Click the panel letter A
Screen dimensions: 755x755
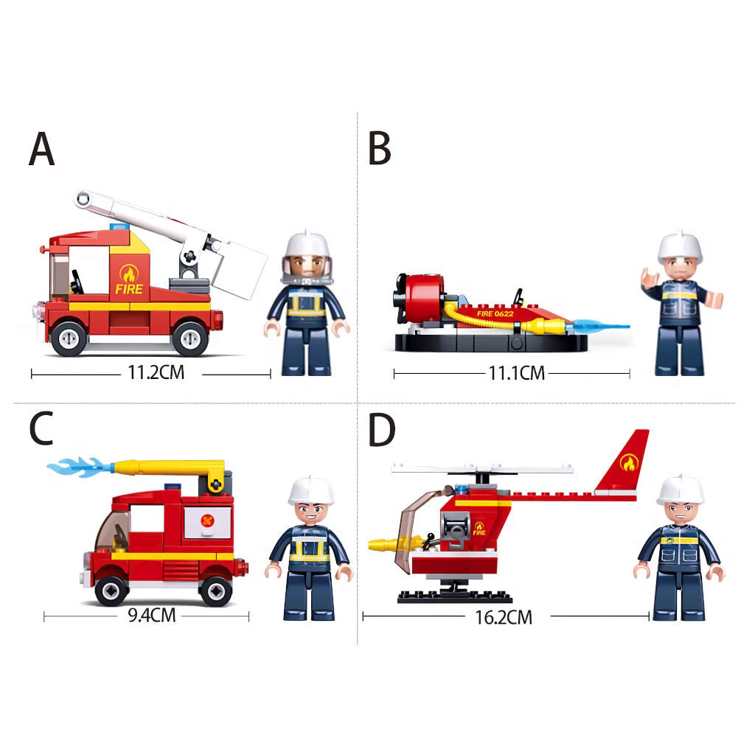coord(41,149)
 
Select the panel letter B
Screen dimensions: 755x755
coord(380,149)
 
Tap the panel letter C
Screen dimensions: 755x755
coord(41,428)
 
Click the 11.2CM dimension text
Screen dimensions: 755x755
coord(156,372)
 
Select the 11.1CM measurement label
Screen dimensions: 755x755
coord(517,372)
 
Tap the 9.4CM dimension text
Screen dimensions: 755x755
coord(152,616)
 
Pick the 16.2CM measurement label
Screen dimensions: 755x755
coord(504,617)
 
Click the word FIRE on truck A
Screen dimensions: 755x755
coord(129,289)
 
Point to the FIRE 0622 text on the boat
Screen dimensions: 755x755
coord(495,313)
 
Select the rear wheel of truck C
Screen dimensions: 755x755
coord(216,590)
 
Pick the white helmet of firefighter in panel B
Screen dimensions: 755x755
coord(681,248)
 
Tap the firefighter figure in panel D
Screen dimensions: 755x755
coord(679,548)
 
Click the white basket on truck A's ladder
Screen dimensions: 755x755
coord(238,270)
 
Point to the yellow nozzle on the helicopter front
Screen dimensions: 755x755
coord(388,544)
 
